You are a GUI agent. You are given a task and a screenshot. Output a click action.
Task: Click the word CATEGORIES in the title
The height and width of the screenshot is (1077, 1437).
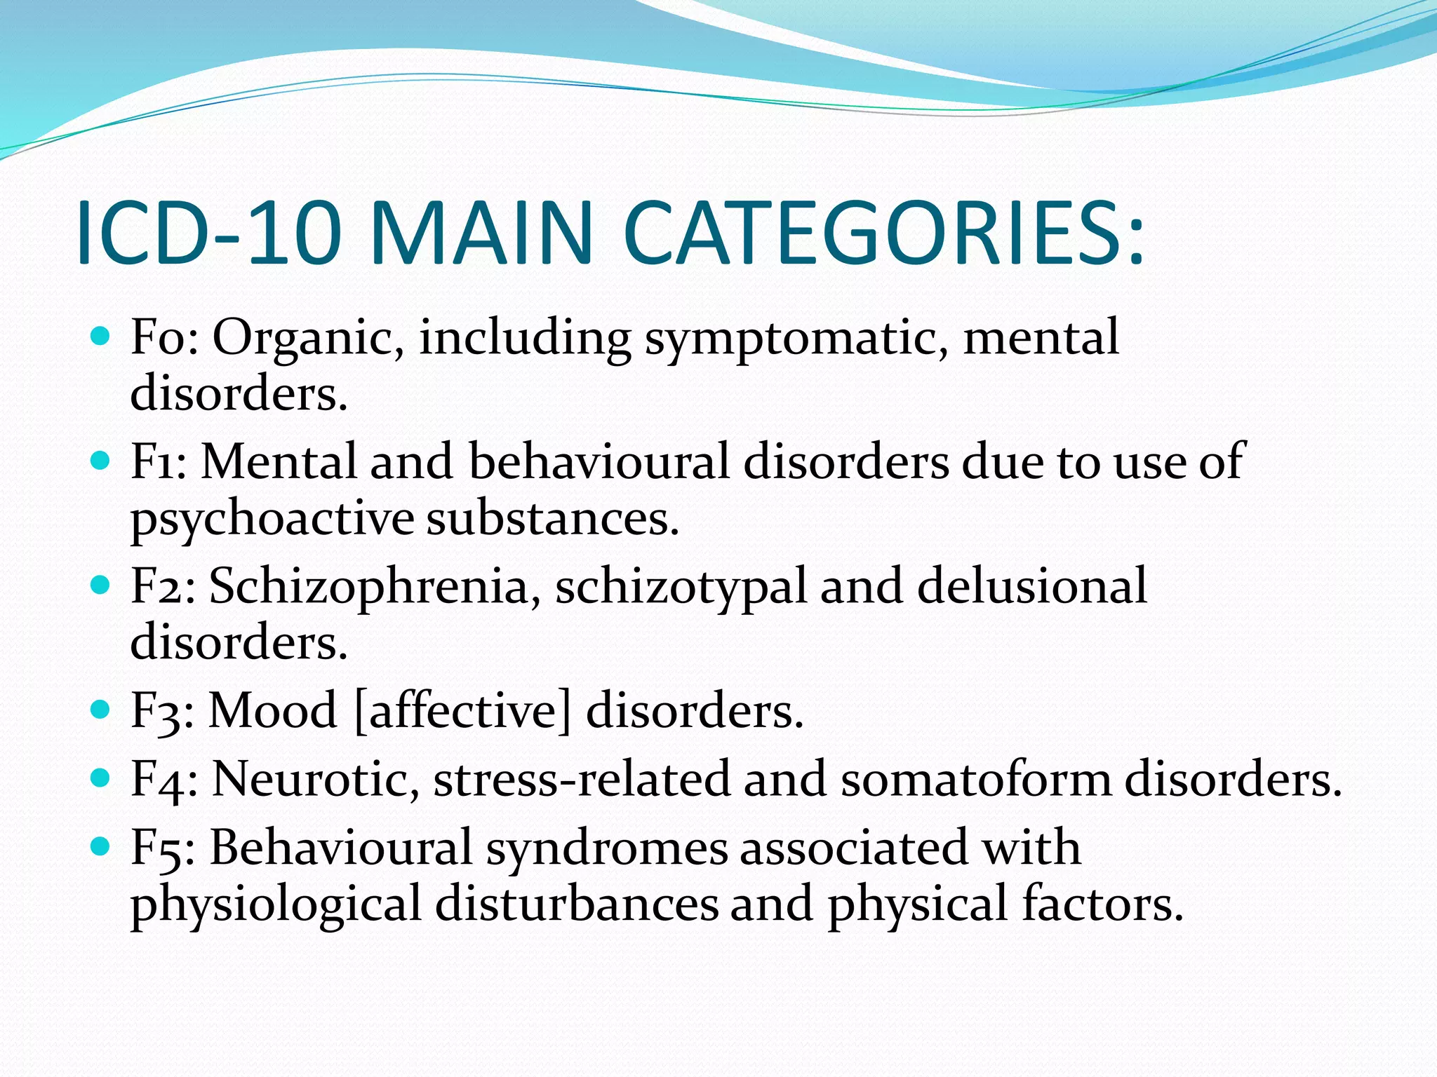[x=884, y=233]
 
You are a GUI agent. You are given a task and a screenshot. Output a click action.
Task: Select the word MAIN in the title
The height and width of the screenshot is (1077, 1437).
[x=487, y=233]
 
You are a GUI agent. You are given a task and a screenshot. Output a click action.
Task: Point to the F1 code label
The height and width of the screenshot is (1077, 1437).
[x=158, y=461]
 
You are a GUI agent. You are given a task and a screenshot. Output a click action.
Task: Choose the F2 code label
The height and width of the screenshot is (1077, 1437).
[x=162, y=585]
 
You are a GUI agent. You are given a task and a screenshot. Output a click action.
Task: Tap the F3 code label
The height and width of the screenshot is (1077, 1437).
[x=162, y=710]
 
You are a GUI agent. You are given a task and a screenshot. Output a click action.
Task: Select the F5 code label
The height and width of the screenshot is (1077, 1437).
[x=162, y=847]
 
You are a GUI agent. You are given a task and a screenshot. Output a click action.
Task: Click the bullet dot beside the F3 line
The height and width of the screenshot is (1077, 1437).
[x=101, y=710]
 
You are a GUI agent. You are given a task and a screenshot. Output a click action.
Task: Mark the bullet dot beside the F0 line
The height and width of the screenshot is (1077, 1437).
[x=101, y=337]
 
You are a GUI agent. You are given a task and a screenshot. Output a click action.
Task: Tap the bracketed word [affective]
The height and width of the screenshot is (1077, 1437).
[x=463, y=711]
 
